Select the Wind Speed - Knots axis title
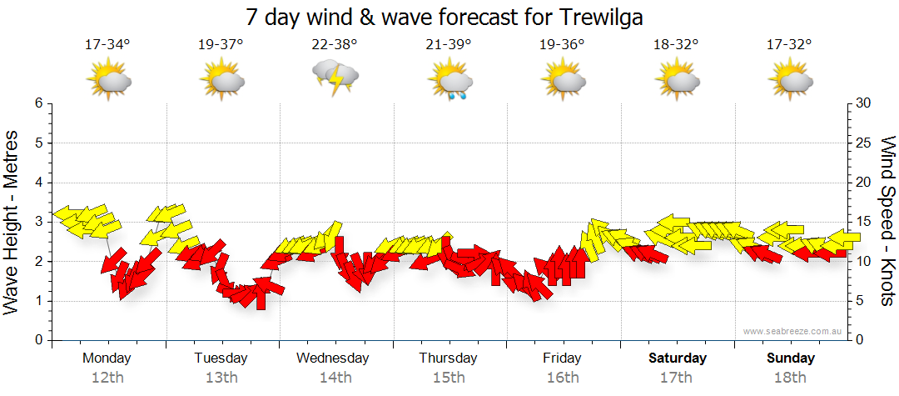[887, 221]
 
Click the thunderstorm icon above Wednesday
[335, 78]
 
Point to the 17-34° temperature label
[108, 44]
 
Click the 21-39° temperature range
[449, 44]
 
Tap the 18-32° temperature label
[676, 44]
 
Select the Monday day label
[107, 358]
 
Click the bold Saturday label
[677, 358]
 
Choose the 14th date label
[335, 377]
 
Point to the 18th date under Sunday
[790, 377]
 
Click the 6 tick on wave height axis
[37, 103]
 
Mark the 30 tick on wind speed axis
[864, 103]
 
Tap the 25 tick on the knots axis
[864, 143]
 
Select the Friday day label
[562, 358]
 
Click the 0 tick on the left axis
[37, 340]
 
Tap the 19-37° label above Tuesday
[221, 44]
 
